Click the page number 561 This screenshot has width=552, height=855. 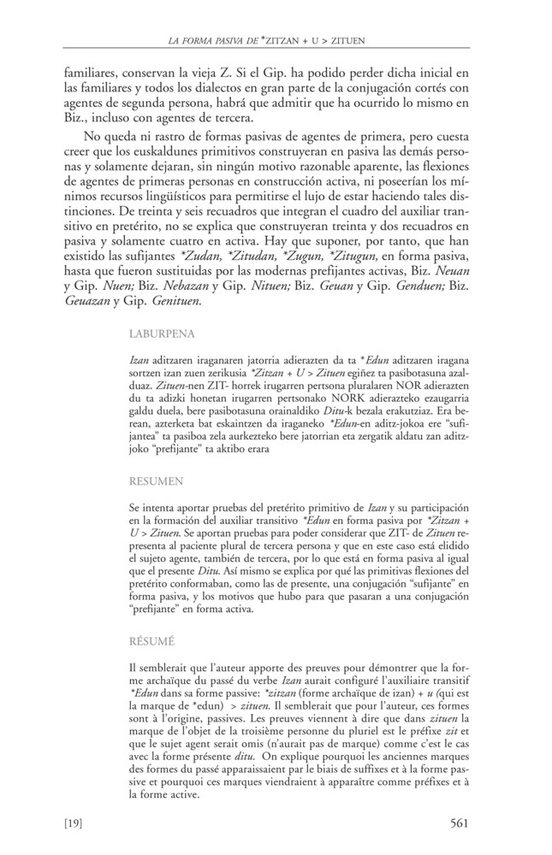(x=460, y=824)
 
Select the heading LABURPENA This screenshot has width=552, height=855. (x=163, y=333)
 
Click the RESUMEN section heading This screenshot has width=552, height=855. (x=157, y=482)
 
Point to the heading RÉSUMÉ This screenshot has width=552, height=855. (x=152, y=640)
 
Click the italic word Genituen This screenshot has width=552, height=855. (x=176, y=302)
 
